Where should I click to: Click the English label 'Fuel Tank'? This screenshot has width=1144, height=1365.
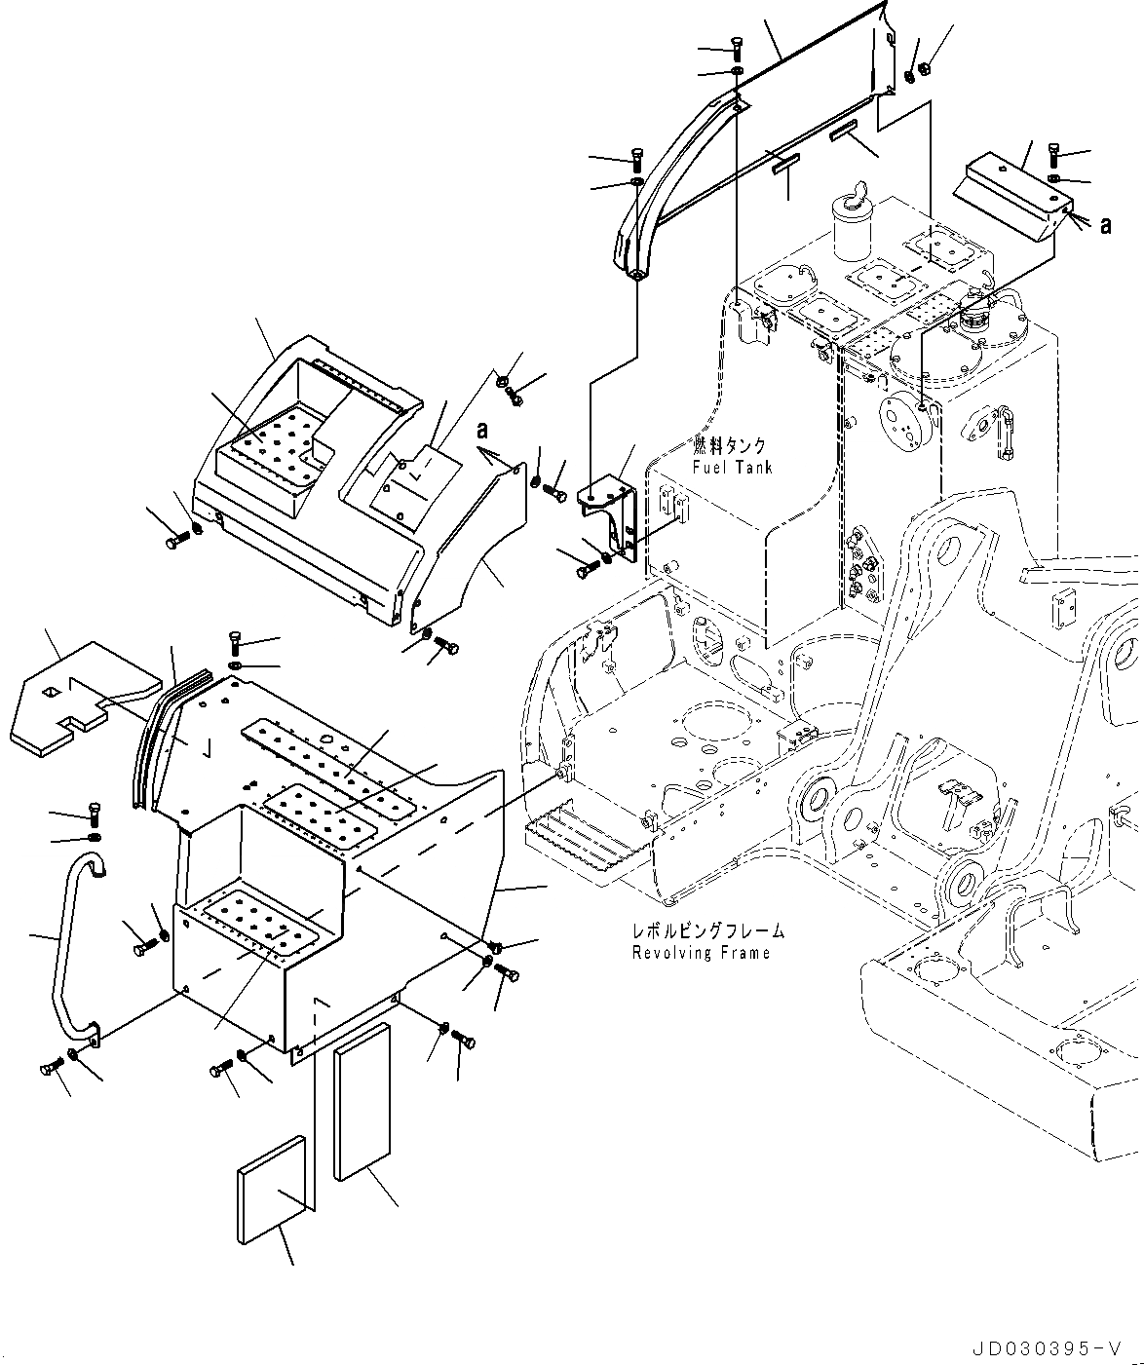732,468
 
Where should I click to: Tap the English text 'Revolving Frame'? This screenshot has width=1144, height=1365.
701,952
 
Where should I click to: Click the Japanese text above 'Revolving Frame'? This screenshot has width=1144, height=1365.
707,931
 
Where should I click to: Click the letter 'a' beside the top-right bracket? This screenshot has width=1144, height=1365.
1105,225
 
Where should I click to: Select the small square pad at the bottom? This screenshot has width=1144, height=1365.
271,1189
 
